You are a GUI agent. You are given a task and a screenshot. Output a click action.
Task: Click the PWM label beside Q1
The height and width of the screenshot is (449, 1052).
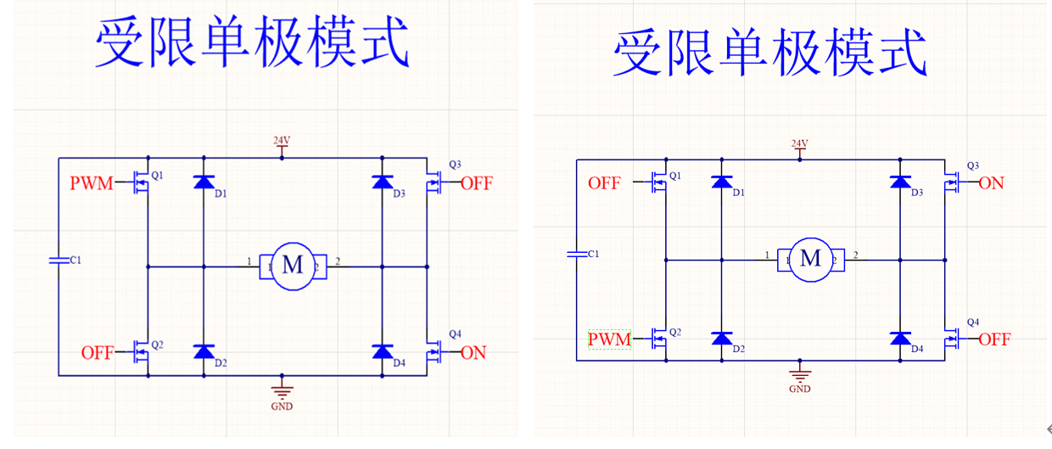[91, 183]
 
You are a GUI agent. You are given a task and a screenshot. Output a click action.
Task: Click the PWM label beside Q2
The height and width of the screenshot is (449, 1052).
[609, 340]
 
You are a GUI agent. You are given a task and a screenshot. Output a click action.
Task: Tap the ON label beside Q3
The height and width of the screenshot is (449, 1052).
[991, 183]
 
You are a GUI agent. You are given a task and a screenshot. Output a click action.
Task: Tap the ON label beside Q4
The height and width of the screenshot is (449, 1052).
[473, 353]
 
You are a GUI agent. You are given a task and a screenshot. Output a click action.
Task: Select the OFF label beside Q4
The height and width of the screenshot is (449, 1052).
[994, 340]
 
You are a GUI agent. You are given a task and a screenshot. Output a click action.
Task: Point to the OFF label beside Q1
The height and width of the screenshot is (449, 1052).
[604, 183]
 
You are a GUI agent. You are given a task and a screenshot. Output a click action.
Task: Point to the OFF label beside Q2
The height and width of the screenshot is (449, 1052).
[98, 353]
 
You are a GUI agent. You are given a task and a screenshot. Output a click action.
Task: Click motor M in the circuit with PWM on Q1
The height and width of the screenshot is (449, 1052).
[292, 265]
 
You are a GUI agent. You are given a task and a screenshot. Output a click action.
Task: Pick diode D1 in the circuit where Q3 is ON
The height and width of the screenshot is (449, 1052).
[722, 182]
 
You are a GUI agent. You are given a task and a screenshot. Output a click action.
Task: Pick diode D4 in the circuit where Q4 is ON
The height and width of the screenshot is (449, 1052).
[383, 351]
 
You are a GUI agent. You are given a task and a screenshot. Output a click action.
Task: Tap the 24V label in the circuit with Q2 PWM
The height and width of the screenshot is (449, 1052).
[799, 143]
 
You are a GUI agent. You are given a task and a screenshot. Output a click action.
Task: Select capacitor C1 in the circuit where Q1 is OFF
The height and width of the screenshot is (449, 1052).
[576, 254]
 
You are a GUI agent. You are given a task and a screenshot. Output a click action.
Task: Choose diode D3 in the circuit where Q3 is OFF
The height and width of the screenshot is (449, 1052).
[383, 182]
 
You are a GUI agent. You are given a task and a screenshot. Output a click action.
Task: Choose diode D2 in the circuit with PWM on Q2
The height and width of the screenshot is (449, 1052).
[722, 338]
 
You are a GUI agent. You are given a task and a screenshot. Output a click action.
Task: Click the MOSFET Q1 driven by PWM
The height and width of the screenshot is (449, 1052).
[138, 182]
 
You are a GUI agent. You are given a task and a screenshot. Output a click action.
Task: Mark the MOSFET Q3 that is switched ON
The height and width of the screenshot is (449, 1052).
[954, 182]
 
